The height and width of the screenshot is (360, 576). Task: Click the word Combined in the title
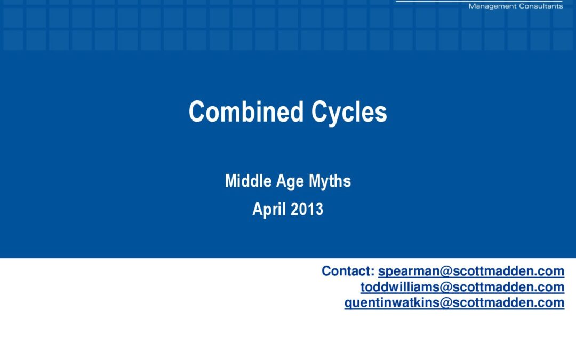pyautogui.click(x=246, y=111)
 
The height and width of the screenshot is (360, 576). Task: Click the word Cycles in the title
pyautogui.click(x=349, y=113)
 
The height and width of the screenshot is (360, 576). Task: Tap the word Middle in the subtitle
pyautogui.click(x=249, y=181)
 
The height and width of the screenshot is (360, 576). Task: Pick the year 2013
pyautogui.click(x=307, y=209)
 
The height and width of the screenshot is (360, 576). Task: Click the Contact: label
pyautogui.click(x=348, y=271)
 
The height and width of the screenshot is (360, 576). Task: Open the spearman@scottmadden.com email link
pyautogui.click(x=471, y=271)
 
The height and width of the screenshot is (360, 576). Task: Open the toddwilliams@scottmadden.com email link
pyautogui.click(x=462, y=287)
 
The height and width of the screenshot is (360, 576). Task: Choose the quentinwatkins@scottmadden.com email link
pyautogui.click(x=454, y=303)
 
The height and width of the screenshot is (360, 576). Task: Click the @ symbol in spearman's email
pyautogui.click(x=445, y=271)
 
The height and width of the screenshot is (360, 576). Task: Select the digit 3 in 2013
pyautogui.click(x=319, y=209)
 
